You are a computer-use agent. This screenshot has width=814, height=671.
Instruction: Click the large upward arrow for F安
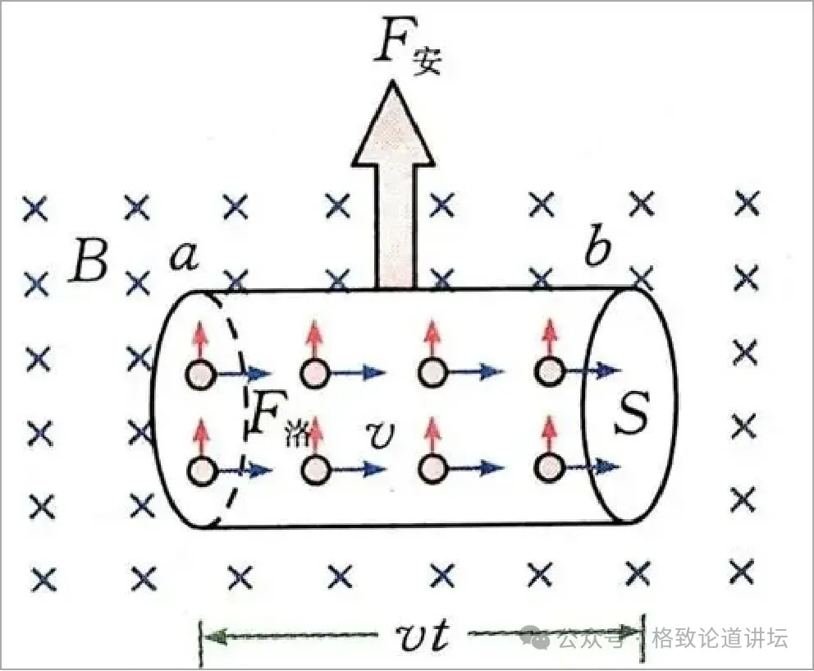click(393, 185)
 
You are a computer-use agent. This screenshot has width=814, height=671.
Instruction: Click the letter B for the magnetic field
click(89, 260)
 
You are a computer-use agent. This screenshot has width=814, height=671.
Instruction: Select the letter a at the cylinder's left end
click(185, 256)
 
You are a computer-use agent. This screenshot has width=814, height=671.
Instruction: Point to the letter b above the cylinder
click(597, 247)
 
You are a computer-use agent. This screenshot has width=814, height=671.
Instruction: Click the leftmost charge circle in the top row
click(200, 375)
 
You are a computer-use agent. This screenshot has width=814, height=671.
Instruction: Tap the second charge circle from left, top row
click(315, 373)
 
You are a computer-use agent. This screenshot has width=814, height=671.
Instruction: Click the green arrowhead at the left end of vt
click(215, 636)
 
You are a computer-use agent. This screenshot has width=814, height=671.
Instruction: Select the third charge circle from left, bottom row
click(433, 468)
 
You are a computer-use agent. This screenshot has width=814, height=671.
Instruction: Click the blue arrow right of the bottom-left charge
click(244, 471)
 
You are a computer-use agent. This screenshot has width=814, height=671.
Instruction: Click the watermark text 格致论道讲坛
click(720, 637)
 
